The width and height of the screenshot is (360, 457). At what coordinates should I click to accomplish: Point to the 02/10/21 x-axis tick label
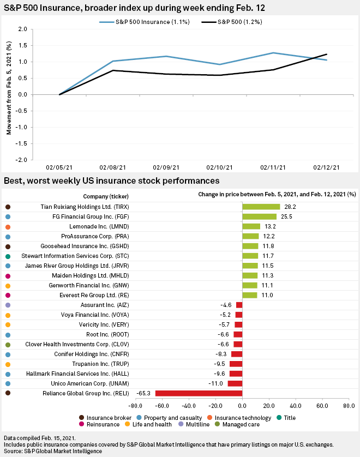pos(220,168)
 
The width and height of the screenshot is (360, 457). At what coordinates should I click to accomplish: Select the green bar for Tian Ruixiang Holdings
pos(261,207)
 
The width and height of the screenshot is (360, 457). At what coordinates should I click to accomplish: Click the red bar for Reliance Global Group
pos(199,393)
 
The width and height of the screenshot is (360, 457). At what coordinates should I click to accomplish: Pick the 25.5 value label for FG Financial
pos(287,217)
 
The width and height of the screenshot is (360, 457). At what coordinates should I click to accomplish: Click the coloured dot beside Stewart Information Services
pos(8,256)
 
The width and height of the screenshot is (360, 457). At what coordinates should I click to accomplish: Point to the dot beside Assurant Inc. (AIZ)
pos(8,305)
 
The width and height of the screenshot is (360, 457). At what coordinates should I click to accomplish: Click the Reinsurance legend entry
pos(101,424)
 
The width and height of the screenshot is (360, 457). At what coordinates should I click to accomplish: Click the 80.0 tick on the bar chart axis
pos(349,406)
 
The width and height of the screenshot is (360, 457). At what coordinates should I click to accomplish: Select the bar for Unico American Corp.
pos(235,383)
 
